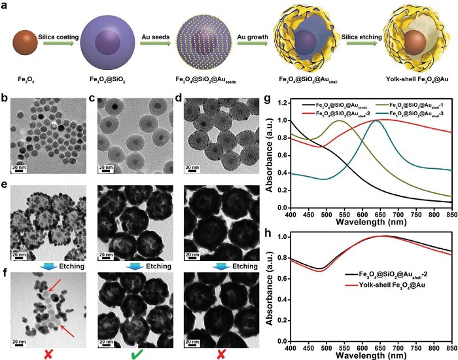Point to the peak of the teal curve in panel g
[417, 121]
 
